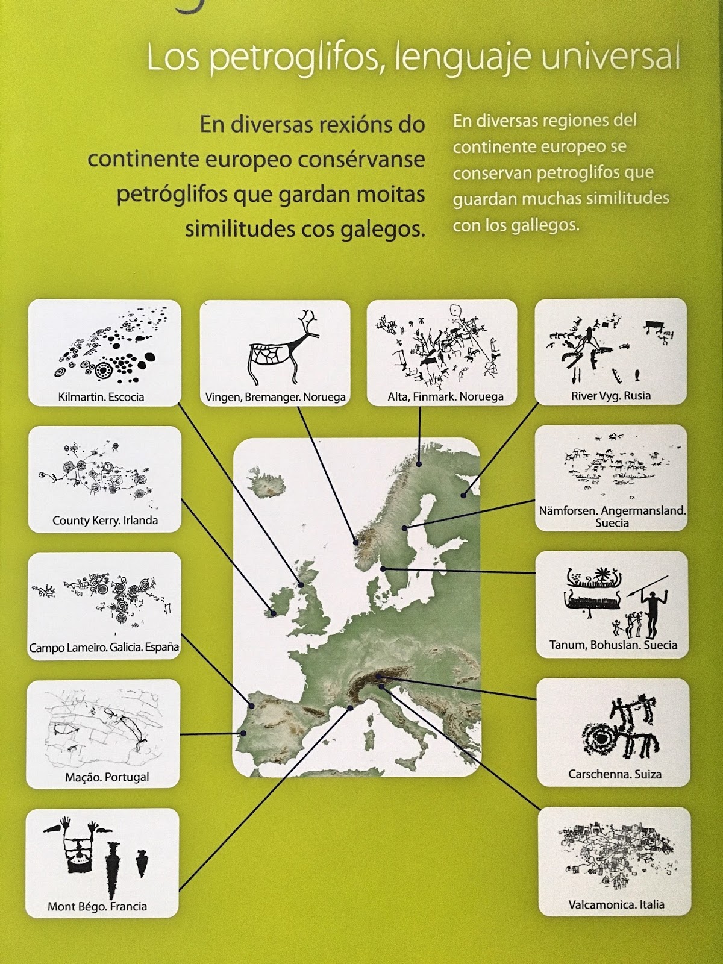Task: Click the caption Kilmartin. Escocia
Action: [101, 397]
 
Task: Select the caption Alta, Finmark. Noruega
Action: [445, 397]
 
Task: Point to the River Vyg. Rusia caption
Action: [610, 396]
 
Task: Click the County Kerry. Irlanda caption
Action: [105, 521]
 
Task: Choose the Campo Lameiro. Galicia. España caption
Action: [104, 648]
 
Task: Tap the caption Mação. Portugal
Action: [107, 777]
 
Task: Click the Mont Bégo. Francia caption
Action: [98, 907]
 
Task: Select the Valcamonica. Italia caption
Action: [616, 905]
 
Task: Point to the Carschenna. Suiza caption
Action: [615, 774]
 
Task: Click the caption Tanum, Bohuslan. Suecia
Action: [613, 645]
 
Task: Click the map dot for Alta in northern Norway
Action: [419, 464]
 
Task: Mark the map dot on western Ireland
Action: [273, 613]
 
